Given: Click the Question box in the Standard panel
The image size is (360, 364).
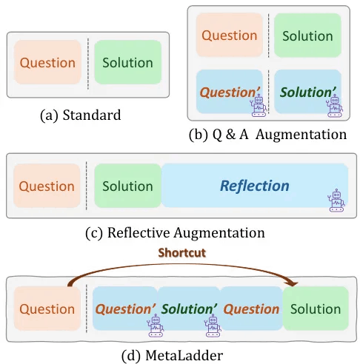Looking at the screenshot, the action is [x=47, y=62].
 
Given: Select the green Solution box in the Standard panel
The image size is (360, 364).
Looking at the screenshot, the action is [x=127, y=62].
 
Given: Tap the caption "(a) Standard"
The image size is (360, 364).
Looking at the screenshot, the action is [x=81, y=115].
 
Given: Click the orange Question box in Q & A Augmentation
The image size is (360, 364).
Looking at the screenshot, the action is [x=230, y=35].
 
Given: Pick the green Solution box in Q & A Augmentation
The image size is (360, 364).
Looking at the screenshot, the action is [x=307, y=36].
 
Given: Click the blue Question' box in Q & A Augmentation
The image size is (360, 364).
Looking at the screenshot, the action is [x=230, y=92].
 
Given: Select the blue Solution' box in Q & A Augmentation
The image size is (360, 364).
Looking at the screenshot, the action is [x=307, y=92].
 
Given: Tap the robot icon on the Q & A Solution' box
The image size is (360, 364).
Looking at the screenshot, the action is [x=335, y=107].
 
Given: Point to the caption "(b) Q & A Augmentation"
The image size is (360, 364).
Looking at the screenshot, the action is [x=268, y=135].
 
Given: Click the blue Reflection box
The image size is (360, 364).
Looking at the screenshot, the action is [x=255, y=185].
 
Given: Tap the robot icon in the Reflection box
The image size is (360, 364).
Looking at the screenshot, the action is [x=336, y=200].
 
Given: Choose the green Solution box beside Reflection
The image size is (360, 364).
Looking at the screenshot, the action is [x=128, y=186].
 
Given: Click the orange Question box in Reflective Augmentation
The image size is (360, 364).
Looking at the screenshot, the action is [x=47, y=186].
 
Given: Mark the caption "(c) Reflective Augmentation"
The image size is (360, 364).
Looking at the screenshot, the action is [x=175, y=232].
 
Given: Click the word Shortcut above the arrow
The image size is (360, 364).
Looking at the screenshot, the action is [x=182, y=253].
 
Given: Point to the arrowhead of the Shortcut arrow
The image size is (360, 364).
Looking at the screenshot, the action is [x=293, y=284].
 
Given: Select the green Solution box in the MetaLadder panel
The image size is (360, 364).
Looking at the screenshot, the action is [x=316, y=309].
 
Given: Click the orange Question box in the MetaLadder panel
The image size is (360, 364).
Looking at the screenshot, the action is [x=47, y=309].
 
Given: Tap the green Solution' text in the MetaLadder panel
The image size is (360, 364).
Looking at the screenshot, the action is [x=190, y=309].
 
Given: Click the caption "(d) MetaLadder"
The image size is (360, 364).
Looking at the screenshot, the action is [x=173, y=355].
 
